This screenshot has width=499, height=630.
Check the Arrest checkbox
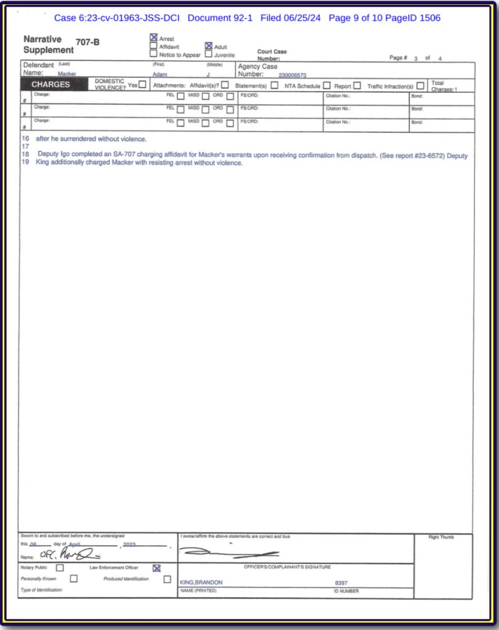pos(154,38)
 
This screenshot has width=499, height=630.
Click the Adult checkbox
pos(208,46)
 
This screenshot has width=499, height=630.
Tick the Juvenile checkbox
pos(208,54)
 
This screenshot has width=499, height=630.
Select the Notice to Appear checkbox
pos(154,54)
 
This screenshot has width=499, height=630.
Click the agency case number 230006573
pos(293,74)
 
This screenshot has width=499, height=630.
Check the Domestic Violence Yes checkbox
pos(143,85)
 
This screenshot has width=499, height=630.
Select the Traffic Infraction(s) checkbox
pos(420,86)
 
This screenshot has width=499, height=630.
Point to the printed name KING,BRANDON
pos(201,582)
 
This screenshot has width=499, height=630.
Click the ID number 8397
pos(341,582)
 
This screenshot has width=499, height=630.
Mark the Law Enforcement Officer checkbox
pos(156,568)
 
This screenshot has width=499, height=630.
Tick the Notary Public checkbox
pos(60,568)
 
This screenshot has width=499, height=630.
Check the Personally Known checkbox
pos(74,579)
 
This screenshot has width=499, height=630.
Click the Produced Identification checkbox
pos(167,579)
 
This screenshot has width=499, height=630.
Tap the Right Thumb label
pos(441,537)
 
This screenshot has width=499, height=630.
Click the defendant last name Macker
pos(67,74)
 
